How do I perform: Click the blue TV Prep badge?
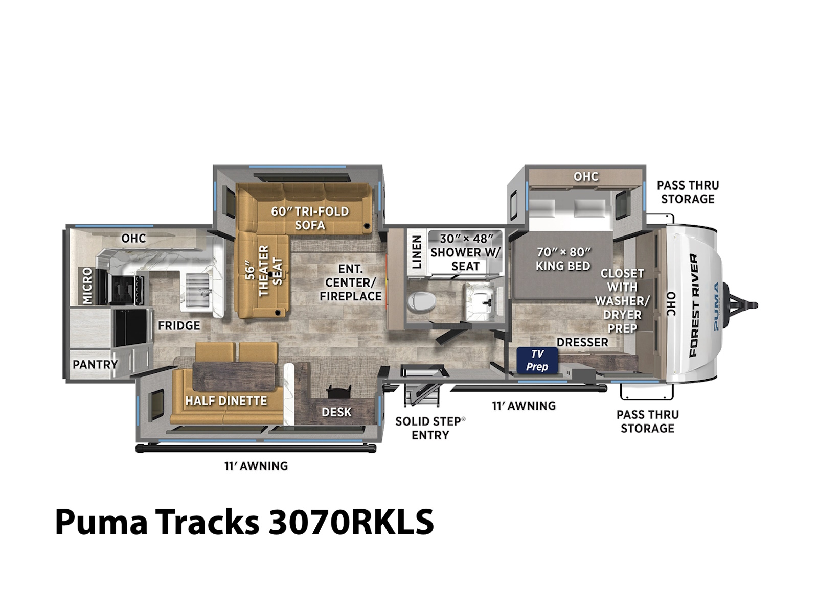click(x=537, y=360)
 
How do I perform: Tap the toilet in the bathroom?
click(x=421, y=301)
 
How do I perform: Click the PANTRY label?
click(x=95, y=364)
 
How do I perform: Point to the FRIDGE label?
click(x=179, y=326)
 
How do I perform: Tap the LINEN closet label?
click(x=416, y=252)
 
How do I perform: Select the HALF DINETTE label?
click(x=226, y=400)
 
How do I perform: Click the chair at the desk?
click(x=338, y=392)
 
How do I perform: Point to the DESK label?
click(x=336, y=412)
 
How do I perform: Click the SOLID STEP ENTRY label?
click(x=430, y=428)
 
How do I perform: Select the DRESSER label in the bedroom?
click(x=582, y=342)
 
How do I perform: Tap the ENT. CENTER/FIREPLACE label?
click(x=351, y=282)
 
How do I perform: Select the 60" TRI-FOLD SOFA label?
click(x=310, y=218)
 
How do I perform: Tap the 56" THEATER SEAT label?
click(x=264, y=271)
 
